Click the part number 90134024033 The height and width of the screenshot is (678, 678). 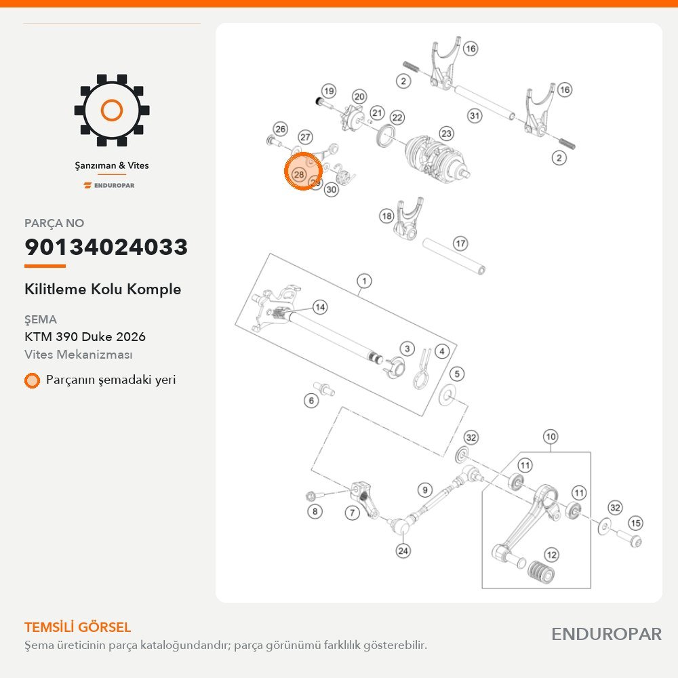click(106, 247)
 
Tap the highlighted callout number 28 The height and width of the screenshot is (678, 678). click(299, 174)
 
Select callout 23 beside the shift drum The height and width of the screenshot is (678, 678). click(446, 134)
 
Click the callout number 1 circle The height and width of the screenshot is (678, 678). click(365, 281)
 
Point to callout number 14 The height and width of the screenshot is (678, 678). click(320, 307)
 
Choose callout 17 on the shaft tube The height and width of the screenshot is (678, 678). click(460, 243)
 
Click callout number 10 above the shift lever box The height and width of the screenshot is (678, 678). click(551, 437)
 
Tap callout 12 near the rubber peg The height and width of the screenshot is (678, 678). click(551, 555)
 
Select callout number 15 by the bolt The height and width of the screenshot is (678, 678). click(635, 523)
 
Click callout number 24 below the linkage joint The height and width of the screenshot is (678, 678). click(403, 551)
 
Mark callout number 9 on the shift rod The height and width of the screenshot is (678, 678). click(425, 490)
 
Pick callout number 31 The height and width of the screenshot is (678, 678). click(475, 115)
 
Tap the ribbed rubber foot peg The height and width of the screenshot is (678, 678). click(541, 572)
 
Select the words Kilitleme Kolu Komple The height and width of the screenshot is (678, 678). click(103, 290)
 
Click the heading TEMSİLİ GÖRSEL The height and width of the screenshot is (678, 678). click(77, 627)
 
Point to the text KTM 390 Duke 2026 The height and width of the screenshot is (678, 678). click(85, 337)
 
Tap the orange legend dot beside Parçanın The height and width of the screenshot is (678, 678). click(32, 380)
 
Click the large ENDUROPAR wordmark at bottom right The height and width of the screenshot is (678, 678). click(606, 635)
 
